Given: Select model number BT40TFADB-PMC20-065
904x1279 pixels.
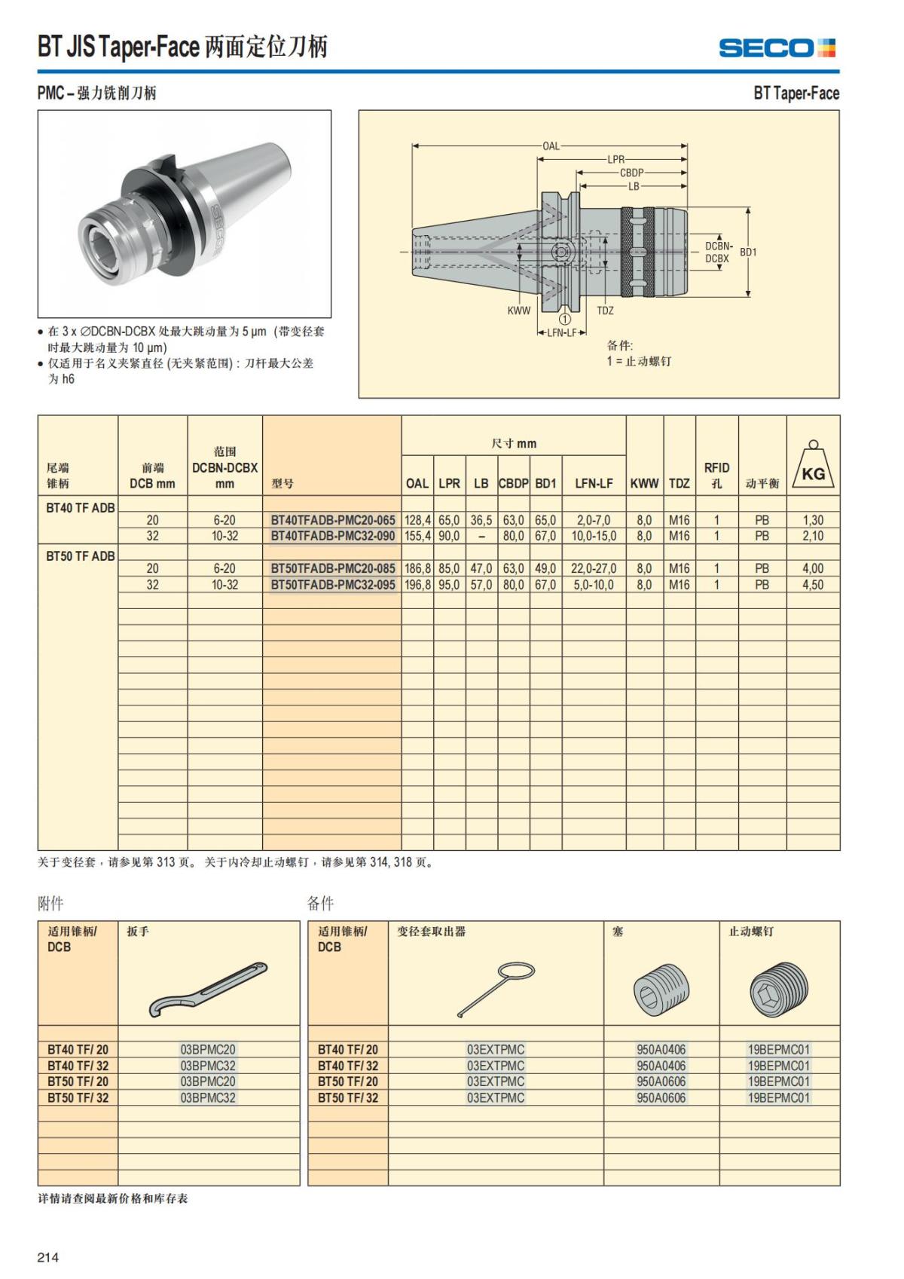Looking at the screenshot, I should click(332, 520).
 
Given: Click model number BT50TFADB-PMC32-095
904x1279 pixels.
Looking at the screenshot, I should click(332, 585).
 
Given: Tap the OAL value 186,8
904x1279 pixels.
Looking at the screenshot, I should click(417, 569).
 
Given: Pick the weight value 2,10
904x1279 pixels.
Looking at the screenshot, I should click(813, 536).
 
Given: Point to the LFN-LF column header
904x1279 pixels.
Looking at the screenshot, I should click(594, 483).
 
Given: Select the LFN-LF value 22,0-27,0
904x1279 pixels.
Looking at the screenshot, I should click(594, 569).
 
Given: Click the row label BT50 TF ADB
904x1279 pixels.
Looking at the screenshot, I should click(81, 556).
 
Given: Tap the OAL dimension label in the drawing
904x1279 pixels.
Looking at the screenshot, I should click(551, 145).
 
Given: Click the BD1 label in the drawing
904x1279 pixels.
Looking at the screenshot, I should click(748, 252).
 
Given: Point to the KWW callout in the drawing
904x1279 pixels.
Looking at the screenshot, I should click(519, 311).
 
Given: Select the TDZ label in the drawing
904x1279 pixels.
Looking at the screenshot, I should click(605, 311).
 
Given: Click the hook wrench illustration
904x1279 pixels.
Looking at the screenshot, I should click(209, 988).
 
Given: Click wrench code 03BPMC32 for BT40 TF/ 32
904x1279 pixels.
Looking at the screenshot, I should click(208, 1066).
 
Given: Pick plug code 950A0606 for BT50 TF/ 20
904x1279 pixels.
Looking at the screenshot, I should click(661, 1082).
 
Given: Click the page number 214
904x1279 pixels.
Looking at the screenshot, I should click(48, 1257).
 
